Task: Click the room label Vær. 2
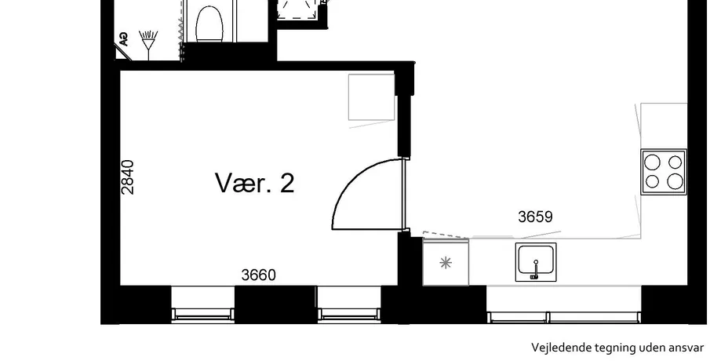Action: pyautogui.click(x=254, y=183)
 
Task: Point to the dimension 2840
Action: pyautogui.click(x=128, y=177)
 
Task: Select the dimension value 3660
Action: pyautogui.click(x=259, y=275)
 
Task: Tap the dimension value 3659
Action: pyautogui.click(x=535, y=217)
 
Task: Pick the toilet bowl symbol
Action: pyautogui.click(x=209, y=24)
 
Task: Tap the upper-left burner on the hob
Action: pyautogui.click(x=652, y=162)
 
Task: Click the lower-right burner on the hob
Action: pyautogui.click(x=675, y=181)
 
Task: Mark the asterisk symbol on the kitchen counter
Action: pyautogui.click(x=446, y=263)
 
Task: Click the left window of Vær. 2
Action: pyautogui.click(x=203, y=304)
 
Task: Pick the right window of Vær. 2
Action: pyautogui.click(x=349, y=304)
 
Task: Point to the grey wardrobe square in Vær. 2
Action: pyautogui.click(x=371, y=97)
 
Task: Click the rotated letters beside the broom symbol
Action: pyautogui.click(x=122, y=39)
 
